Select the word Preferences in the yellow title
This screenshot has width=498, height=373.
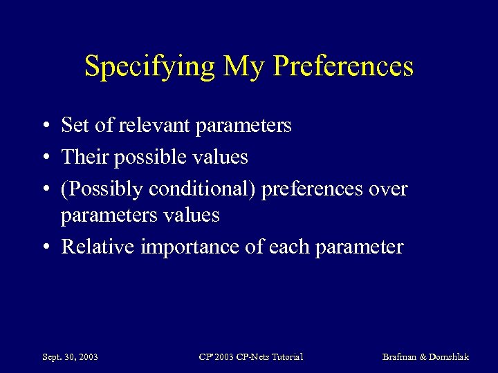coord(344,66)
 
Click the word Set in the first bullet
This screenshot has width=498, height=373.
coord(75,125)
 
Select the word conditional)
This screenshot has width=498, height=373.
coord(203,189)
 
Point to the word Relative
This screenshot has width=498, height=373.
coord(98,247)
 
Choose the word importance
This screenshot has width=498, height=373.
coord(186,247)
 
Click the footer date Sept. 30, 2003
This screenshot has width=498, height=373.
coord(70,356)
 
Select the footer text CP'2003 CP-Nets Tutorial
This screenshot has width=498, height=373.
coord(250,356)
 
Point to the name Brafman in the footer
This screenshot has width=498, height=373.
coord(401,356)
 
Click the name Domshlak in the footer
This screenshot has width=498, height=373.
coord(450,356)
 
